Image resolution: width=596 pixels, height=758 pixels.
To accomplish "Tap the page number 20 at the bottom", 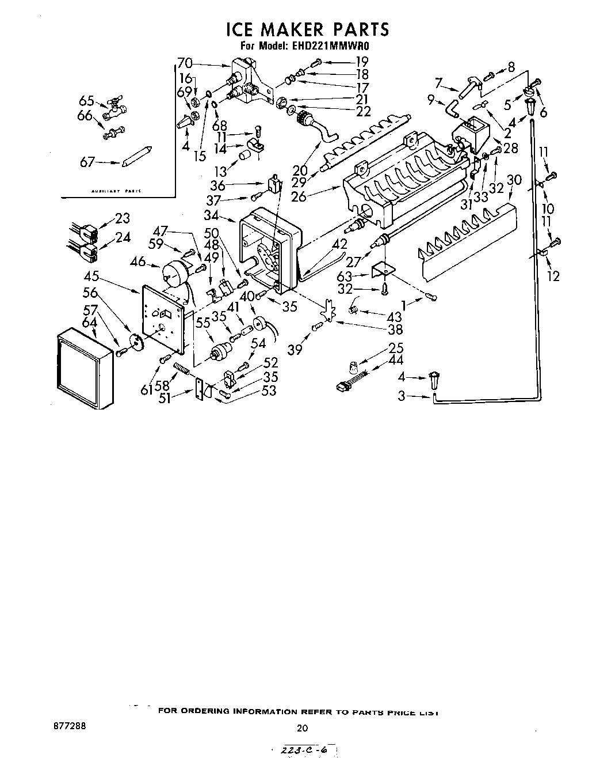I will point(302,728).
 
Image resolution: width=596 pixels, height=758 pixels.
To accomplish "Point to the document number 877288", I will point(70,726).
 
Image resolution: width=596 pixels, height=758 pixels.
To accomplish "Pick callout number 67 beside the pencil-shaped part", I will point(87,163).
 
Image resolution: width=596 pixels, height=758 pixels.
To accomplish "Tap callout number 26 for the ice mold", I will point(315,196).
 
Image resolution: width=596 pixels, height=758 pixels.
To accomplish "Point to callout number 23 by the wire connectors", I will point(123,218).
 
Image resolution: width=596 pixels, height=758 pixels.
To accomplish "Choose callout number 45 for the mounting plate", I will point(91,275).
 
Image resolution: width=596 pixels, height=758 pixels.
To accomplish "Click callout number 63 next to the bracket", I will point(345,276).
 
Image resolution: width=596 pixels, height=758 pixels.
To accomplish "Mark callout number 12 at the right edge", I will point(553,276).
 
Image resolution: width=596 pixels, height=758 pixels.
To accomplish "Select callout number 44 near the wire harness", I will point(396,361).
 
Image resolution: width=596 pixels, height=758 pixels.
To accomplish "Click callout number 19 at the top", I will point(361,61).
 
